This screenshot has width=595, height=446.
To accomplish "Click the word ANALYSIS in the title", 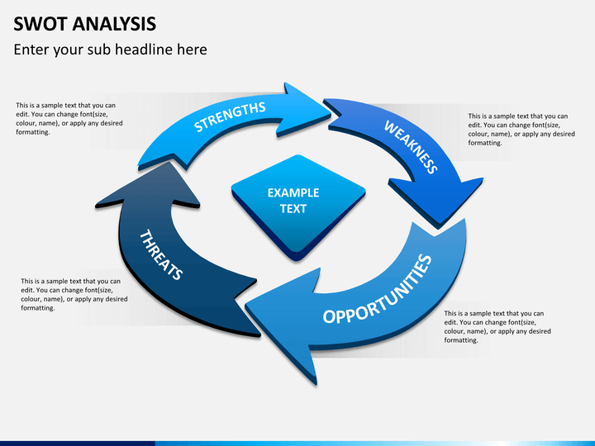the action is coord(114,24).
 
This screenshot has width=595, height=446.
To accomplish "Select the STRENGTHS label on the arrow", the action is coord(230,116).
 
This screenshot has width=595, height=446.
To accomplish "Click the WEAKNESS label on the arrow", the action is coord(411,147).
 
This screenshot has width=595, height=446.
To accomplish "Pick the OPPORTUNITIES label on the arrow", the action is coord(378,289).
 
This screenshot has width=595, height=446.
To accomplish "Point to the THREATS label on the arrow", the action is coord(161,254).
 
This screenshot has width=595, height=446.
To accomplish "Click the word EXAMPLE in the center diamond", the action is coord(293,192).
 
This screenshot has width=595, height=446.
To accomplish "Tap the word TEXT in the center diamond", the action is coord(293,209).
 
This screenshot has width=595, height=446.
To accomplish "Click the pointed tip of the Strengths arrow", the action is coord(330,111).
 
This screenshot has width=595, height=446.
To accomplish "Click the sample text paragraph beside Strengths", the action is coord(69,119).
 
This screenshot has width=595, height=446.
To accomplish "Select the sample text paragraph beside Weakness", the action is coord(521,130).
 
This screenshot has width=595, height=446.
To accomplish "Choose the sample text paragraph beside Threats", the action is coord(74,294).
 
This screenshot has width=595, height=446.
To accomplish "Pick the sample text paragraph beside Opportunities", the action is coord(497,326).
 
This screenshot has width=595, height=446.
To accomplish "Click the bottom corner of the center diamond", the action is coord(297,260).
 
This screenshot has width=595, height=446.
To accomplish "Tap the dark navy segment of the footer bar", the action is coord(78,444).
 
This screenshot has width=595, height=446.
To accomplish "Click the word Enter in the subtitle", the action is coord(32,50).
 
